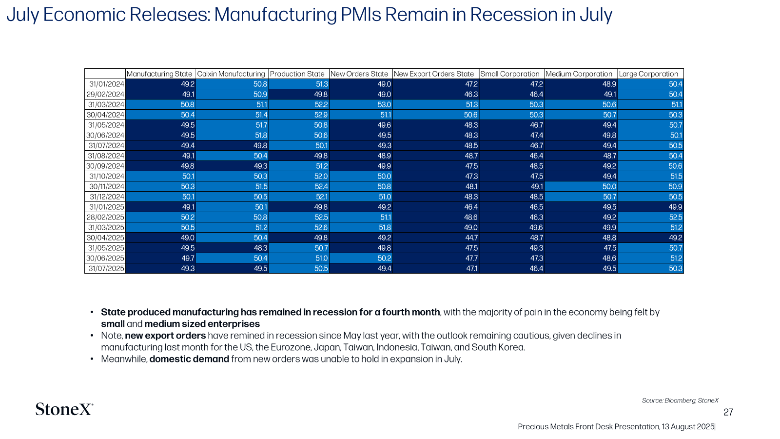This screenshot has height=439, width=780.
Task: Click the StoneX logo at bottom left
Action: pos(64,409)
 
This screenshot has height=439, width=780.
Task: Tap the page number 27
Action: pos(728,412)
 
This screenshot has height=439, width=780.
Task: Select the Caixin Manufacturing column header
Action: pos(231,74)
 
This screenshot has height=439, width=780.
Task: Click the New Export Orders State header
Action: pos(434,74)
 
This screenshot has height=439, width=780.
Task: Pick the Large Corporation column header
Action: pos(648,74)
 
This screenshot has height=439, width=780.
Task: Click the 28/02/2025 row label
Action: pos(105,217)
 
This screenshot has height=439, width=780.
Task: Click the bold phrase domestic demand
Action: pos(190,359)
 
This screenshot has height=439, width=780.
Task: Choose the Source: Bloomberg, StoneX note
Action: pos(680,400)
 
